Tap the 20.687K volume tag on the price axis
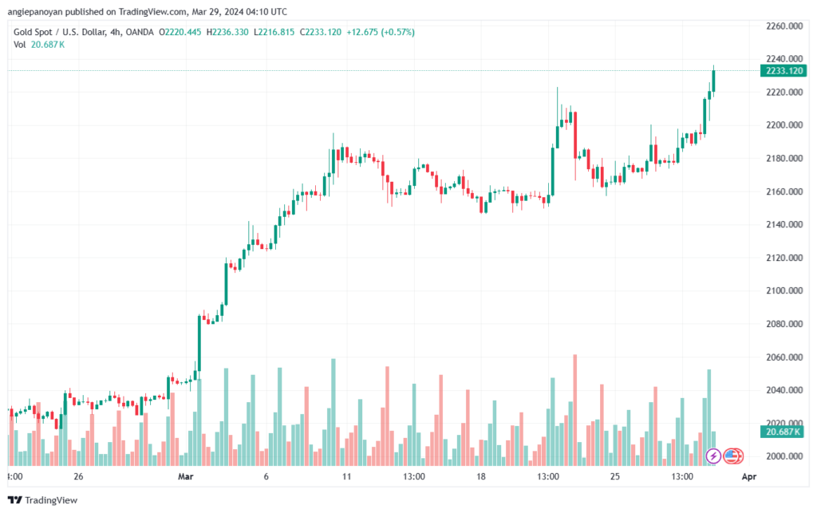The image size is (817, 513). tap(782, 432)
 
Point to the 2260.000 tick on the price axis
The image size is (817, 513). tap(783, 26)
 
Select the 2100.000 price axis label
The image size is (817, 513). tap(783, 291)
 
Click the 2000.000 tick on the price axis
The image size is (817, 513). tap(783, 456)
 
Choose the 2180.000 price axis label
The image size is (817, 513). tap(783, 159)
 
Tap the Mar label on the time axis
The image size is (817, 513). tap(186, 477)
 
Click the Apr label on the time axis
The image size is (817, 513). tap(748, 477)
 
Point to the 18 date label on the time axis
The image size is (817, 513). tap(481, 477)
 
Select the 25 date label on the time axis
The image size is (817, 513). tap(614, 477)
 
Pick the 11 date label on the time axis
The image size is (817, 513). tap(347, 477)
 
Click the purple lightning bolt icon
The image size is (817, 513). tap(714, 456)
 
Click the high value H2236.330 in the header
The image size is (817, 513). tap(227, 32)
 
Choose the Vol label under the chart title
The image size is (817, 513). tap(20, 45)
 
